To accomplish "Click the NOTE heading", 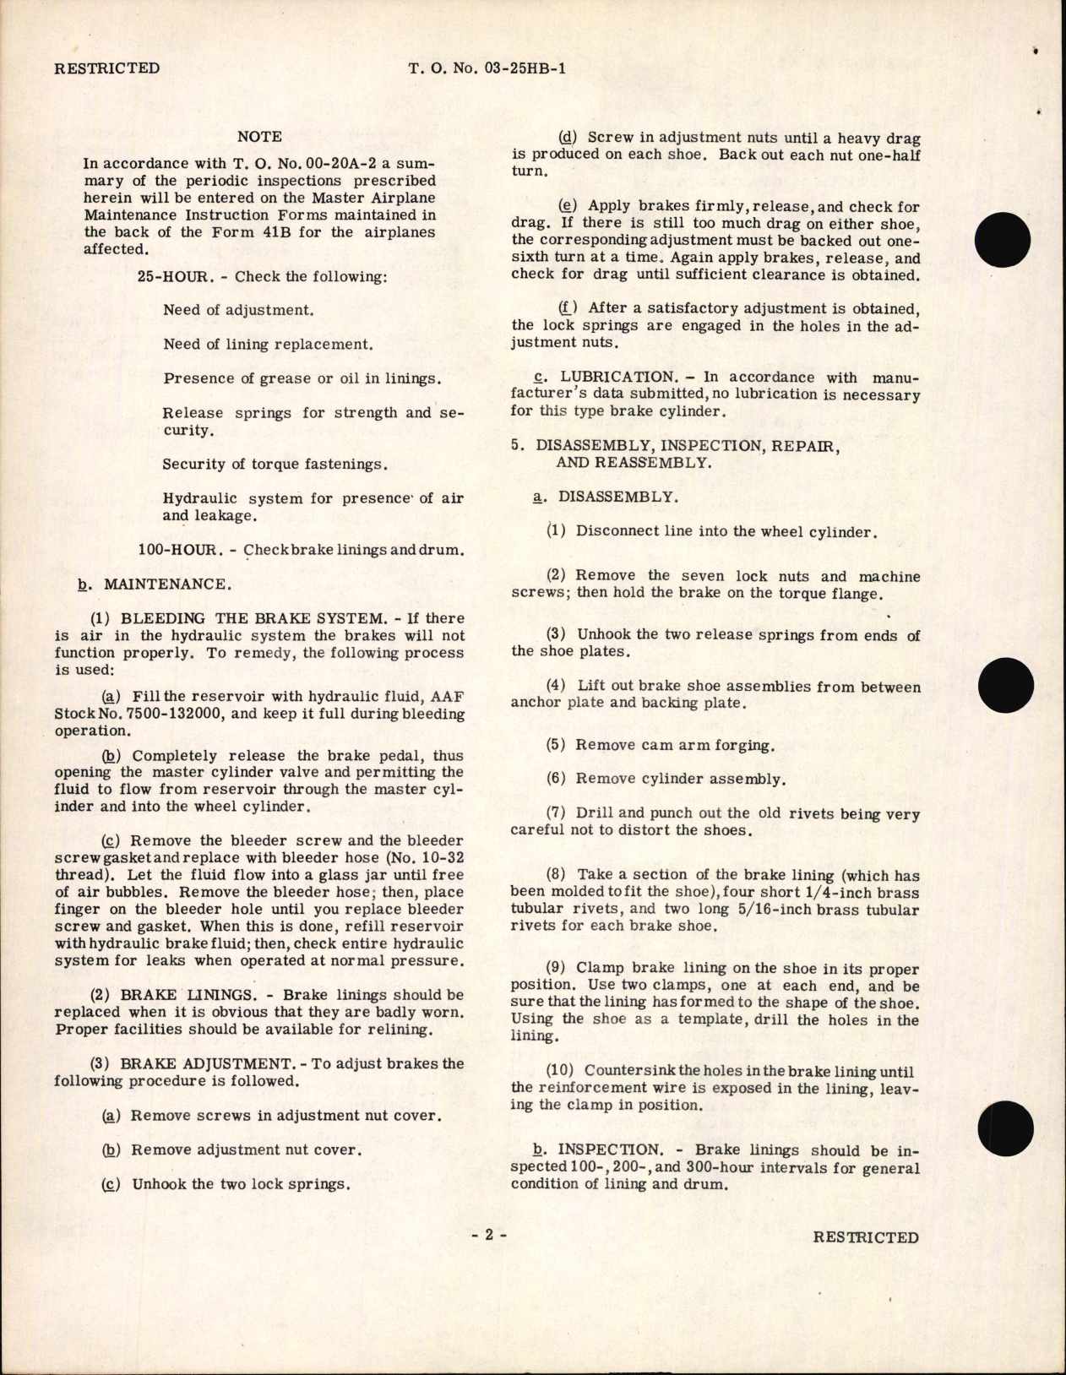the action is tap(259, 136).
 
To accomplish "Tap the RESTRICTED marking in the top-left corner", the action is tap(106, 68).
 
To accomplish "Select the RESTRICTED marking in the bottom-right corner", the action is tap(866, 1237).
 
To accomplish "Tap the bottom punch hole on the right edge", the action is tap(1005, 1129).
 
